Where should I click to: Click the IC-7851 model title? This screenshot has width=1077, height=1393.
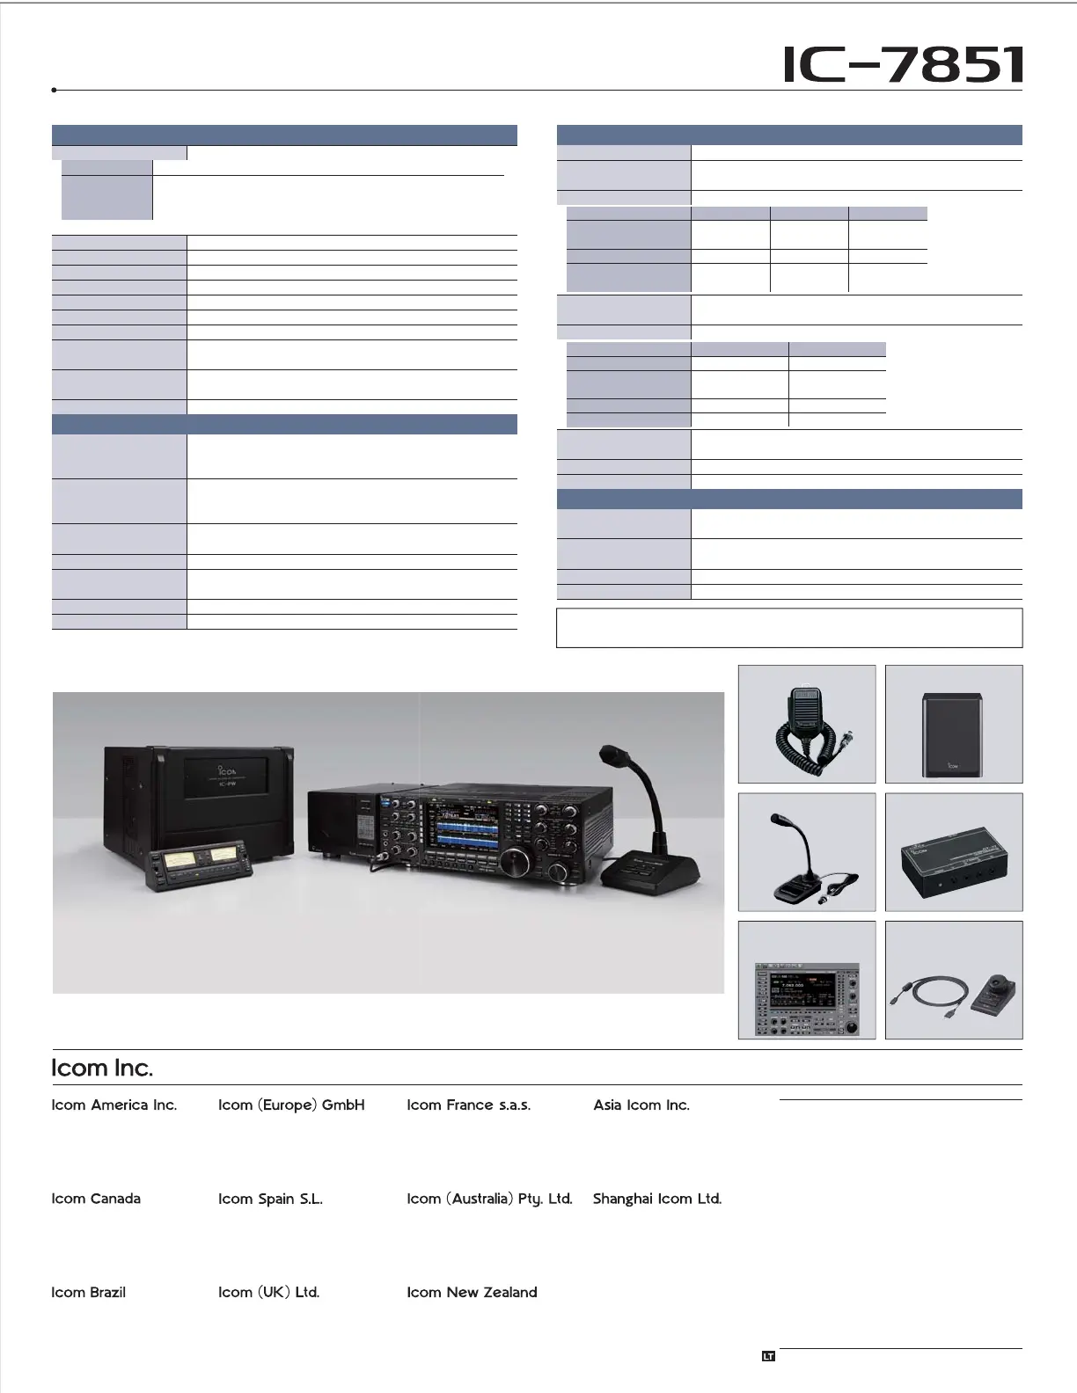tap(904, 65)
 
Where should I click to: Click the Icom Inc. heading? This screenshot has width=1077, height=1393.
tap(102, 1068)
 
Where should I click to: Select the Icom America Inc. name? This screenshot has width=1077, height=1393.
tap(114, 1105)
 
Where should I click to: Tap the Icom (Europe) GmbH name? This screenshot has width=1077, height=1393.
tap(291, 1105)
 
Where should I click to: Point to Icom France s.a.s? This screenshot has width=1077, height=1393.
tap(468, 1105)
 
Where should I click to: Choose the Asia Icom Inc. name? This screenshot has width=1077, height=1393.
tap(641, 1105)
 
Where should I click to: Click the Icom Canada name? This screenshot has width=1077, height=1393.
tap(96, 1199)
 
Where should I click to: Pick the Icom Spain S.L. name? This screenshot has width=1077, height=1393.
tap(270, 1199)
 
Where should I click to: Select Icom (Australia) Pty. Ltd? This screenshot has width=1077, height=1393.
tap(489, 1199)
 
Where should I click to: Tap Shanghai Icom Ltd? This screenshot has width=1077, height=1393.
tap(657, 1199)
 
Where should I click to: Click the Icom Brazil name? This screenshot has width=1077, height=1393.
tap(89, 1292)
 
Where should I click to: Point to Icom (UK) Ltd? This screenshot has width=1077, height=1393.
tap(268, 1292)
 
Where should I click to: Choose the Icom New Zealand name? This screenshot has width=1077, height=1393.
tap(472, 1292)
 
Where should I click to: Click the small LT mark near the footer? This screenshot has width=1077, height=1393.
tap(768, 1356)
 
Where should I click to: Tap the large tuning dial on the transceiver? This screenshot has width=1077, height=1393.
tap(558, 872)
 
